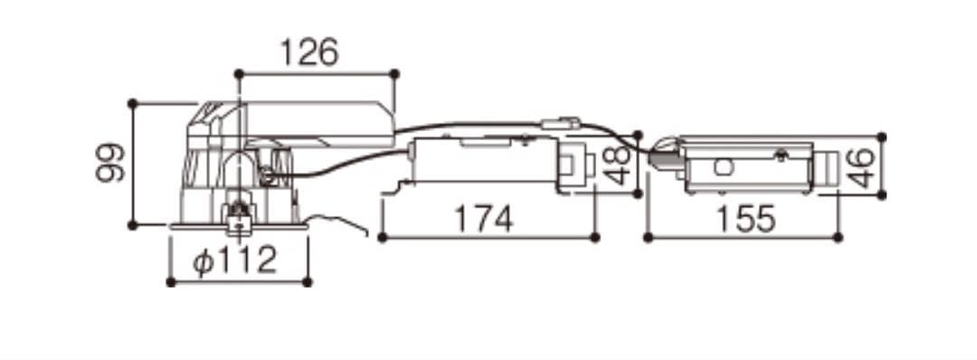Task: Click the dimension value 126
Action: click(x=309, y=52)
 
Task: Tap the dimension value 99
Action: click(x=110, y=163)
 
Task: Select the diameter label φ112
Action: click(x=234, y=261)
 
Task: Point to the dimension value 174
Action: click(x=483, y=219)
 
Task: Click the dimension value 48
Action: click(x=618, y=166)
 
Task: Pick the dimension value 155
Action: click(x=745, y=219)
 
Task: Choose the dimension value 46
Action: click(x=862, y=169)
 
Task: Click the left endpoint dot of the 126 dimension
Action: click(x=239, y=73)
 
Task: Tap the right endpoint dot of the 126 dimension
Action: click(x=394, y=73)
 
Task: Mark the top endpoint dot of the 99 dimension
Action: click(x=132, y=103)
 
